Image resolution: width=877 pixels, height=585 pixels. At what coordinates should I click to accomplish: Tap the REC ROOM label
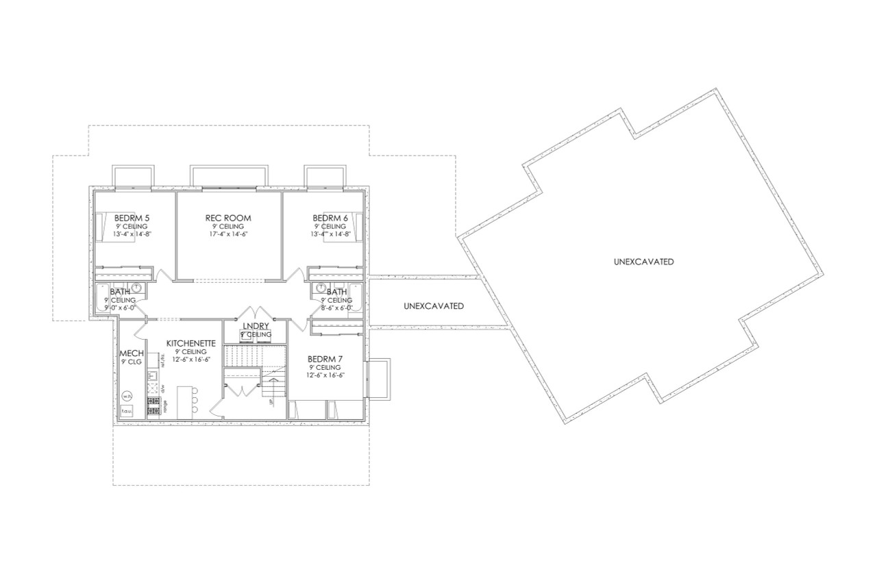[x=228, y=218]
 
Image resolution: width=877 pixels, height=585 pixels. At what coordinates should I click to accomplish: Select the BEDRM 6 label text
[x=331, y=218]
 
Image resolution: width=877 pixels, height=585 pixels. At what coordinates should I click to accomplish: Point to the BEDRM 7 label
[x=325, y=359]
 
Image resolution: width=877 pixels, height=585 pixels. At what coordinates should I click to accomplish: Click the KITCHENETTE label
[x=191, y=343]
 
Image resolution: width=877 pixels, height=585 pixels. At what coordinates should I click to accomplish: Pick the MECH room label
[x=132, y=353]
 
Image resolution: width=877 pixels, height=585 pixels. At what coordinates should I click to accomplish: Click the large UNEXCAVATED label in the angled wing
[x=643, y=262]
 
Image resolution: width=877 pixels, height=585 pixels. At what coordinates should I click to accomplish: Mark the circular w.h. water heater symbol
[x=127, y=395]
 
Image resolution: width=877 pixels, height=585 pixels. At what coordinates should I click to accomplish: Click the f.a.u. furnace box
[x=127, y=411]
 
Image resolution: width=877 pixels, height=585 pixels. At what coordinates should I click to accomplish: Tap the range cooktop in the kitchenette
[x=153, y=404]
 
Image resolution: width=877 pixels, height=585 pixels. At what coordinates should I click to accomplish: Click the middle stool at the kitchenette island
[x=195, y=401]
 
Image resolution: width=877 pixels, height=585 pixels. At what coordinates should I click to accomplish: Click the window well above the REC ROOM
[x=228, y=175]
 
